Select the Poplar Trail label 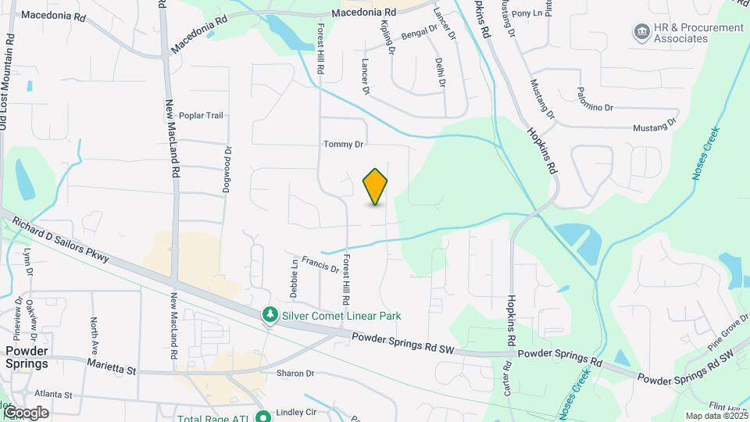201,116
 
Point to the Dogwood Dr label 228,170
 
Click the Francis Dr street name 320,265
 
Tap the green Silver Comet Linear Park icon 270,314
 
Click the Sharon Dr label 295,374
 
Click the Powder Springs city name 27,357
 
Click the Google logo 25,413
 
